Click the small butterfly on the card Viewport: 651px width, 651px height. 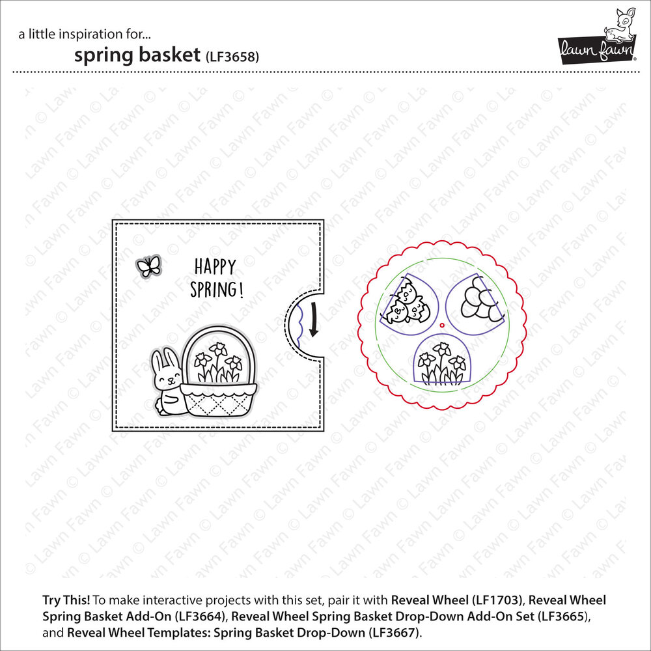[x=149, y=265]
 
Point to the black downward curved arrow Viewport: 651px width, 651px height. [x=313, y=319]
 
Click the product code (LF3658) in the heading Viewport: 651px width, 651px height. [x=232, y=56]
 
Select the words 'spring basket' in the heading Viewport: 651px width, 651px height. [x=136, y=55]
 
